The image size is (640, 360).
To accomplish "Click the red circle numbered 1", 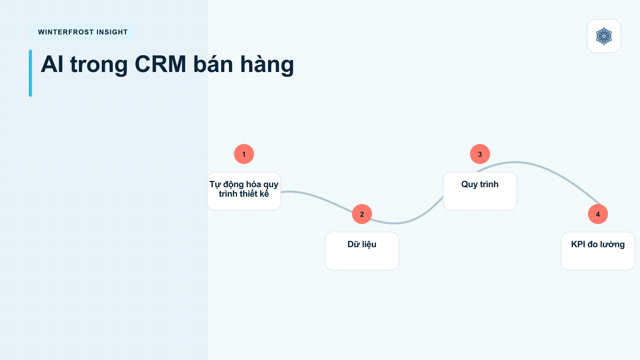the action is click(x=244, y=154).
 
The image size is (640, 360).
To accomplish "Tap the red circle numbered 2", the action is click(x=362, y=214).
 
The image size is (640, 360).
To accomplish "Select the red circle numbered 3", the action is click(x=480, y=154).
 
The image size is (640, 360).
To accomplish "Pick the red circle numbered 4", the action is click(x=598, y=214).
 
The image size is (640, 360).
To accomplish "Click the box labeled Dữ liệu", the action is click(x=362, y=251).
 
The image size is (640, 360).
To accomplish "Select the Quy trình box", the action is click(x=480, y=191).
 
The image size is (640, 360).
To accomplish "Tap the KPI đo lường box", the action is click(x=598, y=251).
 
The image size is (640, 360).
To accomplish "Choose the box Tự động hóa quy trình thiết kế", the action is click(x=244, y=191).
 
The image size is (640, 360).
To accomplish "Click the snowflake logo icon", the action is click(x=604, y=36).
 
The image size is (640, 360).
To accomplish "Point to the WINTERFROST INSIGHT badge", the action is click(x=82, y=32).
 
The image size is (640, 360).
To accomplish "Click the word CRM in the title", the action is click(x=160, y=64).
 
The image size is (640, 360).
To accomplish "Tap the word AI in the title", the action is click(x=52, y=64).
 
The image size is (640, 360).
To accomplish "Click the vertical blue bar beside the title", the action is click(x=30, y=73).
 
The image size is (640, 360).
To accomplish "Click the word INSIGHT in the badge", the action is click(x=112, y=32).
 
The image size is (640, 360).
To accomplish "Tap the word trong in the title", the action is click(x=99, y=65).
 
